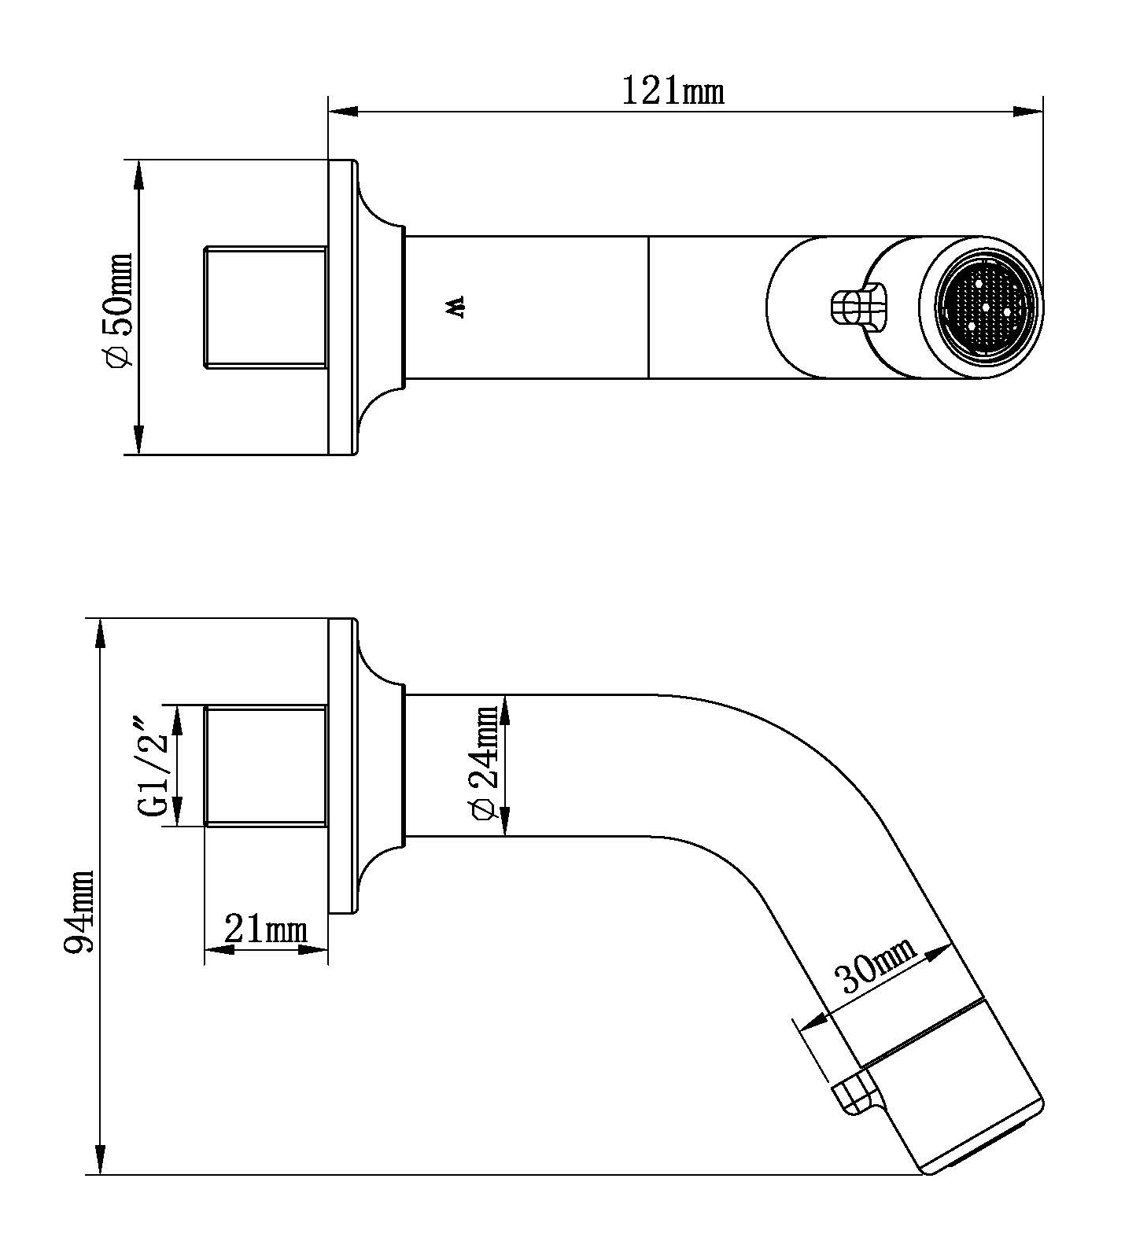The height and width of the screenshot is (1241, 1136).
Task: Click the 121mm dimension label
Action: click(x=673, y=92)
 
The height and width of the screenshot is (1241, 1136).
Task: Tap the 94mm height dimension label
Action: click(x=80, y=911)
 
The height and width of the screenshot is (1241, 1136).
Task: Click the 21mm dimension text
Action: click(x=265, y=929)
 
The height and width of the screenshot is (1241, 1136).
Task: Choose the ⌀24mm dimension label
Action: click(x=483, y=763)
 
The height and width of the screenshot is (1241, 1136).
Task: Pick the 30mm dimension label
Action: click(x=876, y=967)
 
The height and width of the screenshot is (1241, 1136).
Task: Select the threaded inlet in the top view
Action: click(x=266, y=307)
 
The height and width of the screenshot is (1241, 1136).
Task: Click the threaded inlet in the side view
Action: click(x=266, y=765)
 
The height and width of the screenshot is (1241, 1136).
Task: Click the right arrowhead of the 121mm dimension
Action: click(x=1029, y=112)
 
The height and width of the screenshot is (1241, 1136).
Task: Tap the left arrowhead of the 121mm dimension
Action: click(x=342, y=112)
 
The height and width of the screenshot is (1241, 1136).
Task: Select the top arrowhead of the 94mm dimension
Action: click(x=101, y=634)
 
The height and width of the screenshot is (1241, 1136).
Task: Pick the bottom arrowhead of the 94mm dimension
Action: click(x=101, y=1160)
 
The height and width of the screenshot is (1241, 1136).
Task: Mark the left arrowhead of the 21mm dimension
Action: click(x=219, y=950)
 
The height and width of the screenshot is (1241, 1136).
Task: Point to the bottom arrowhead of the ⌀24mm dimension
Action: click(x=505, y=821)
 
